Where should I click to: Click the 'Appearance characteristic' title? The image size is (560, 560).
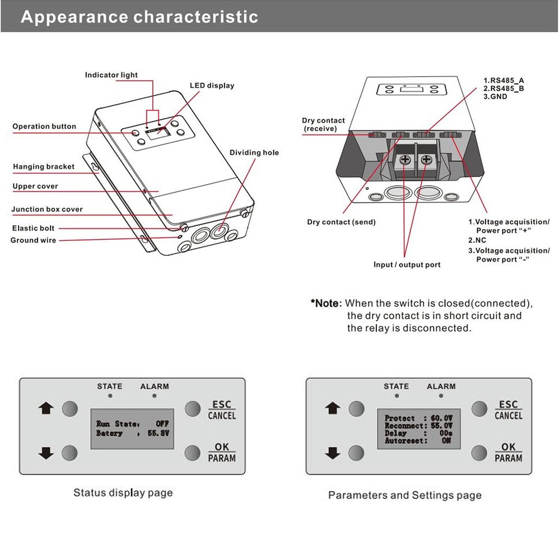point(139,17)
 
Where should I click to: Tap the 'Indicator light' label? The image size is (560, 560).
point(111,75)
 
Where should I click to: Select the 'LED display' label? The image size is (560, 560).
point(212,86)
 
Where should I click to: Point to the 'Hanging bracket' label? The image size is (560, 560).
point(44,167)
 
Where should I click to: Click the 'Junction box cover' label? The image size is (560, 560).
point(47,209)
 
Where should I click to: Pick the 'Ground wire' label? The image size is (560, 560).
point(33,240)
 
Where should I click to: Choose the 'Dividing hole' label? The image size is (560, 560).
point(254,152)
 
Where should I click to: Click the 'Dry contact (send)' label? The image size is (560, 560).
point(341,222)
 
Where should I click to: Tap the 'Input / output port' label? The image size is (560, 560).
point(407,264)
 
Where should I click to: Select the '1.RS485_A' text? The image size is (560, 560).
point(503,81)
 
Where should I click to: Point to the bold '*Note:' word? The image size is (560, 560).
point(326,304)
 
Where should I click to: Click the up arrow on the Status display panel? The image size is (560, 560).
point(45,408)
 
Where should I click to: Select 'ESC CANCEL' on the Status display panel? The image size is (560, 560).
point(222,410)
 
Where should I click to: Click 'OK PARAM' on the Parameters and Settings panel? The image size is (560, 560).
point(508,452)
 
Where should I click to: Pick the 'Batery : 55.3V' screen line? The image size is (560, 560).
point(132,433)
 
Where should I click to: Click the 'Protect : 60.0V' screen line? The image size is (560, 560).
point(418,418)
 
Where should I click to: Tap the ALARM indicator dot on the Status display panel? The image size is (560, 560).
point(155,396)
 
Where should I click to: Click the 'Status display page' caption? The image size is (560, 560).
point(123,493)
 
